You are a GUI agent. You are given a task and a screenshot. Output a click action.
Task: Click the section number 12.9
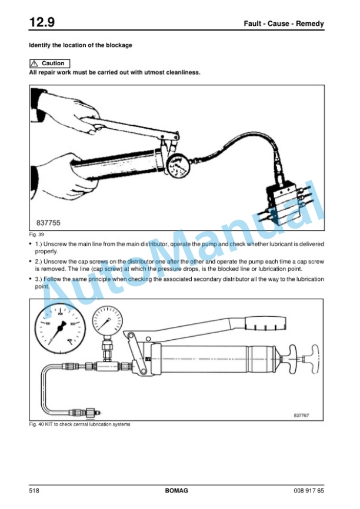42,22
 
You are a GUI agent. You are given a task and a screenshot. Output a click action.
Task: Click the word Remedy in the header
309,24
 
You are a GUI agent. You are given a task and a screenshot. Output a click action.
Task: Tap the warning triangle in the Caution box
34,63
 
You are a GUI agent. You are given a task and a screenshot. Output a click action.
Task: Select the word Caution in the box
53,63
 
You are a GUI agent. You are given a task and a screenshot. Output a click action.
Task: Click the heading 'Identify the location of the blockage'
81,45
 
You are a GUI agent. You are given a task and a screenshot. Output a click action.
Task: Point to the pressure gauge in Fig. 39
178,166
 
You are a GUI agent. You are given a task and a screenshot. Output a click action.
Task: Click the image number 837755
48,223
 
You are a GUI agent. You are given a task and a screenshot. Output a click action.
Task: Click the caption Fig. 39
36,235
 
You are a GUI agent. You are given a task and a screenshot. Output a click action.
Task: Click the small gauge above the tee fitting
108,322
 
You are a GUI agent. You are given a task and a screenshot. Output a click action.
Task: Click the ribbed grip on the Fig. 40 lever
266,323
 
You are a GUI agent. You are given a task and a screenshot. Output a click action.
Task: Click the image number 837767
301,416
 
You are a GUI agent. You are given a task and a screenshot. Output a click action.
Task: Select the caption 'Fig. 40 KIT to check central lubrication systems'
79,424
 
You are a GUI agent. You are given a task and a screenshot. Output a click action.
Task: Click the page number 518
34,491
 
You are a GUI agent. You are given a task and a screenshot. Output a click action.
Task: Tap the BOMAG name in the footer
176,491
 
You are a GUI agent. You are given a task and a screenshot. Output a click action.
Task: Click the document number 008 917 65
309,491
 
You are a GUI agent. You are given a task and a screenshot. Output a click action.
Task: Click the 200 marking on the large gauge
61,314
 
